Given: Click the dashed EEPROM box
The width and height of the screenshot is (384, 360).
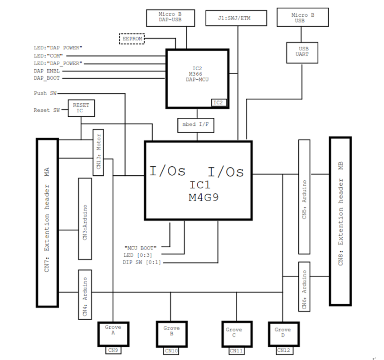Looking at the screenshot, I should (132, 39).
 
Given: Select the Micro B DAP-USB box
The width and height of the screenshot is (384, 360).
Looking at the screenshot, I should (170, 18).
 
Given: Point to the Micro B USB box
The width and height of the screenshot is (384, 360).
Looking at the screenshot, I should (302, 18).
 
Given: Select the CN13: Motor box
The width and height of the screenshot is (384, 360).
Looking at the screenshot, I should (99, 152).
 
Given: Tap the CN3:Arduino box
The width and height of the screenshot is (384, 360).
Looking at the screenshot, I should (85, 219).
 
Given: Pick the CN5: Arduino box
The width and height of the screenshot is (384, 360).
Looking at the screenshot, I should (304, 197).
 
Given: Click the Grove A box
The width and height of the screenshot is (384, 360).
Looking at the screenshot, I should (113, 333).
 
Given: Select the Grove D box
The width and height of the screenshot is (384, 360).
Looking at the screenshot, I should (282, 333).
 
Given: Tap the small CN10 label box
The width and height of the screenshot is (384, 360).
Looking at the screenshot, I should (171, 350).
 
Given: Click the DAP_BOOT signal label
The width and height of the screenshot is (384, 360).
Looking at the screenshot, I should (47, 78).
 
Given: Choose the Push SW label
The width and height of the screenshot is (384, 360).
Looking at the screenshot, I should (45, 93).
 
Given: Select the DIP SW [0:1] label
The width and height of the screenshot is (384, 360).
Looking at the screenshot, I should (141, 262).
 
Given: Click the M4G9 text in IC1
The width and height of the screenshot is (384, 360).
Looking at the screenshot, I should (204, 197).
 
